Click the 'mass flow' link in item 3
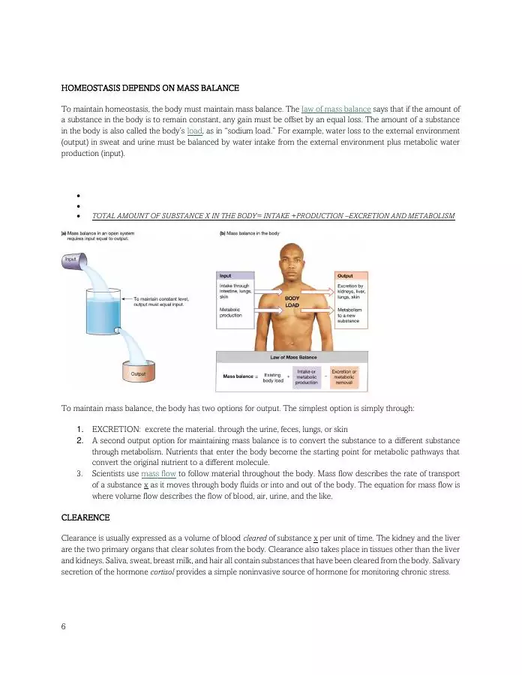coord(158,474)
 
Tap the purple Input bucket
coord(72,259)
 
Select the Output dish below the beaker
coord(138,373)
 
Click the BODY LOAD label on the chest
coord(292,301)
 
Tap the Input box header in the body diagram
coord(241,276)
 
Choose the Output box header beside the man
coord(350,276)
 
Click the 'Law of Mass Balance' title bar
coord(292,357)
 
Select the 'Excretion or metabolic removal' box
coord(344,377)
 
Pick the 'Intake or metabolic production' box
coord(307,377)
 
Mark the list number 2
coord(79,440)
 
